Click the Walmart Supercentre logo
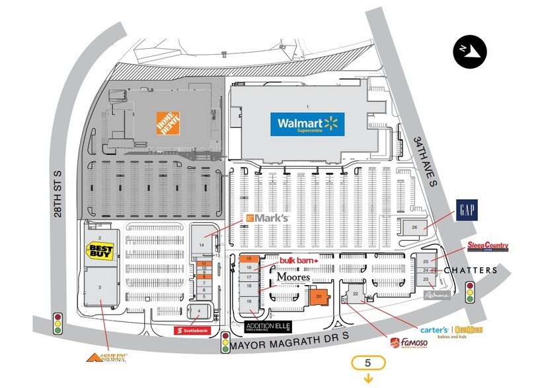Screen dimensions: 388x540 tap(307, 124)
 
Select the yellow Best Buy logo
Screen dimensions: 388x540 tap(101, 253)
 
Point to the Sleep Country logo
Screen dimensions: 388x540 tap(488, 246)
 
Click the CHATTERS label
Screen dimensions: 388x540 tap(471, 271)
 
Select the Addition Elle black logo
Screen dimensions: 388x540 tap(268, 327)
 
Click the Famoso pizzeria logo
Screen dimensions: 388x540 tap(408, 343)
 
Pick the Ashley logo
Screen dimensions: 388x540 tap(106, 358)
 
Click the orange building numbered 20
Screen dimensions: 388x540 tap(319, 297)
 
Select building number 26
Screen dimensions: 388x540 tap(414, 228)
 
